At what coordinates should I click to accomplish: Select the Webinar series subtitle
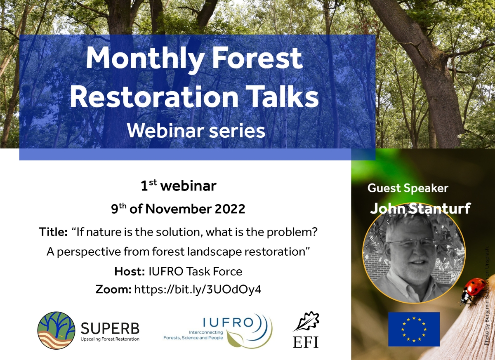[196, 131]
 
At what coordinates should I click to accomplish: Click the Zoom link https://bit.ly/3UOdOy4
[198, 289]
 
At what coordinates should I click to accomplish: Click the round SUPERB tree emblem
[56, 330]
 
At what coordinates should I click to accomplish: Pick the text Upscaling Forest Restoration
[110, 339]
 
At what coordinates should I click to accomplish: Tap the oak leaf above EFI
[306, 322]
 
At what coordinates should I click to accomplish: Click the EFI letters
[306, 342]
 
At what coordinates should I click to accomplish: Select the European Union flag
[414, 329]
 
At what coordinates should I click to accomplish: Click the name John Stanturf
[420, 209]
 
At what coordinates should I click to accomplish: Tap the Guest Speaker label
[408, 188]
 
